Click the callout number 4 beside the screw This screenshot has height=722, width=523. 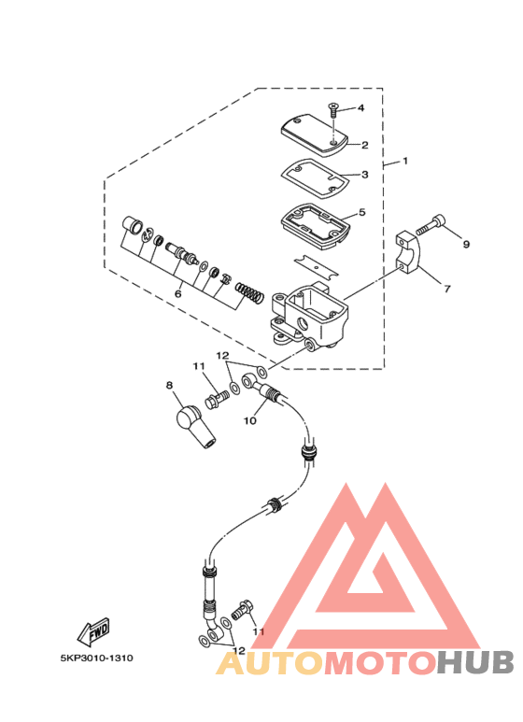point(360,107)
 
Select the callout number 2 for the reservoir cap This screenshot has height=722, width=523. point(364,145)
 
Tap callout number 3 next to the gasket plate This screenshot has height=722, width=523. point(364,175)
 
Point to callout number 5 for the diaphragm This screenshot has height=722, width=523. point(361,212)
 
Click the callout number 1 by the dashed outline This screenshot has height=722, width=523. point(405,162)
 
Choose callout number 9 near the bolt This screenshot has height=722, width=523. point(466,245)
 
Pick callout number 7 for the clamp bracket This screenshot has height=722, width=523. point(447,289)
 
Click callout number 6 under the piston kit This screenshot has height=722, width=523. point(178,293)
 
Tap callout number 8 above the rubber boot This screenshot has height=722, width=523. point(169,385)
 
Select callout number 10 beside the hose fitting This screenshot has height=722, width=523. point(250,420)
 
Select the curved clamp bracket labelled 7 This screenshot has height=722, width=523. point(408,252)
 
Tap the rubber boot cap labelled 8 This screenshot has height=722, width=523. point(194,425)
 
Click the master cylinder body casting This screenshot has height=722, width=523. point(309,317)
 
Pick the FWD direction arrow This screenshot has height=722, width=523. point(93,631)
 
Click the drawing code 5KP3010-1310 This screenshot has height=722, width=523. point(97,658)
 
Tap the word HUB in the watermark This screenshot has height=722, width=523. point(474,662)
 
